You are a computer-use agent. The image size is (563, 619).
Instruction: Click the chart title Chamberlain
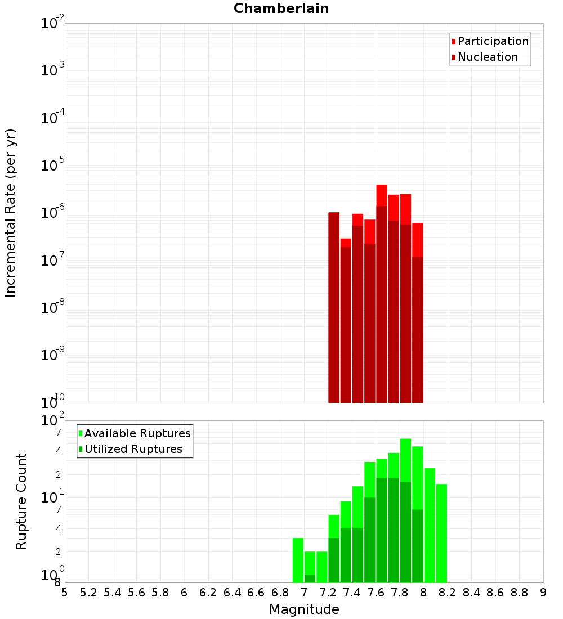coord(281,8)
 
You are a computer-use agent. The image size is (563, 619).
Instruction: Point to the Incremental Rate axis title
coord(11,213)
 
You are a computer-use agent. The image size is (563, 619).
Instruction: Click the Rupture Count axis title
coord(21,501)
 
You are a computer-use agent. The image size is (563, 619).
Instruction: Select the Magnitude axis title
coord(304,609)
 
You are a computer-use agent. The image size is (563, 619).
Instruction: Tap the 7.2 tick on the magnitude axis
coord(328,593)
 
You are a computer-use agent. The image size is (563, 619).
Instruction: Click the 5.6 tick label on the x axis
coord(137,593)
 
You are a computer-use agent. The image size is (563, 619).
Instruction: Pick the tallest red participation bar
coord(382,195)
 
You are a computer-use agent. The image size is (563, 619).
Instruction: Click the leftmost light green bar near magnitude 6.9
coord(298,560)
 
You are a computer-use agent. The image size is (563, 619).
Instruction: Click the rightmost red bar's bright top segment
coord(417,240)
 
